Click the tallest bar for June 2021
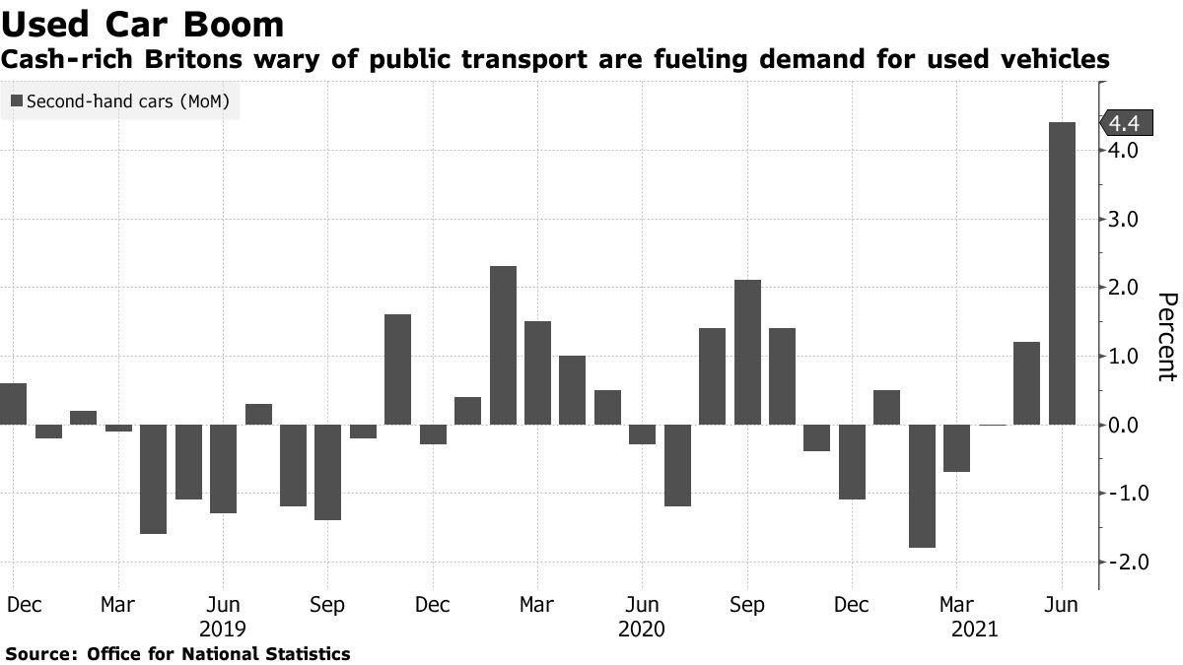1062,274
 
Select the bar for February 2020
503,346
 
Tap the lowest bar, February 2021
922,486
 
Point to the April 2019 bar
153,479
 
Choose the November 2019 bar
397,369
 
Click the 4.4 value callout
1124,123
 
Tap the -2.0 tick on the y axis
1124,562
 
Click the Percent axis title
1166,336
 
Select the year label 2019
223,629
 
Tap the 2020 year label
642,629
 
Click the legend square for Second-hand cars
17,100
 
